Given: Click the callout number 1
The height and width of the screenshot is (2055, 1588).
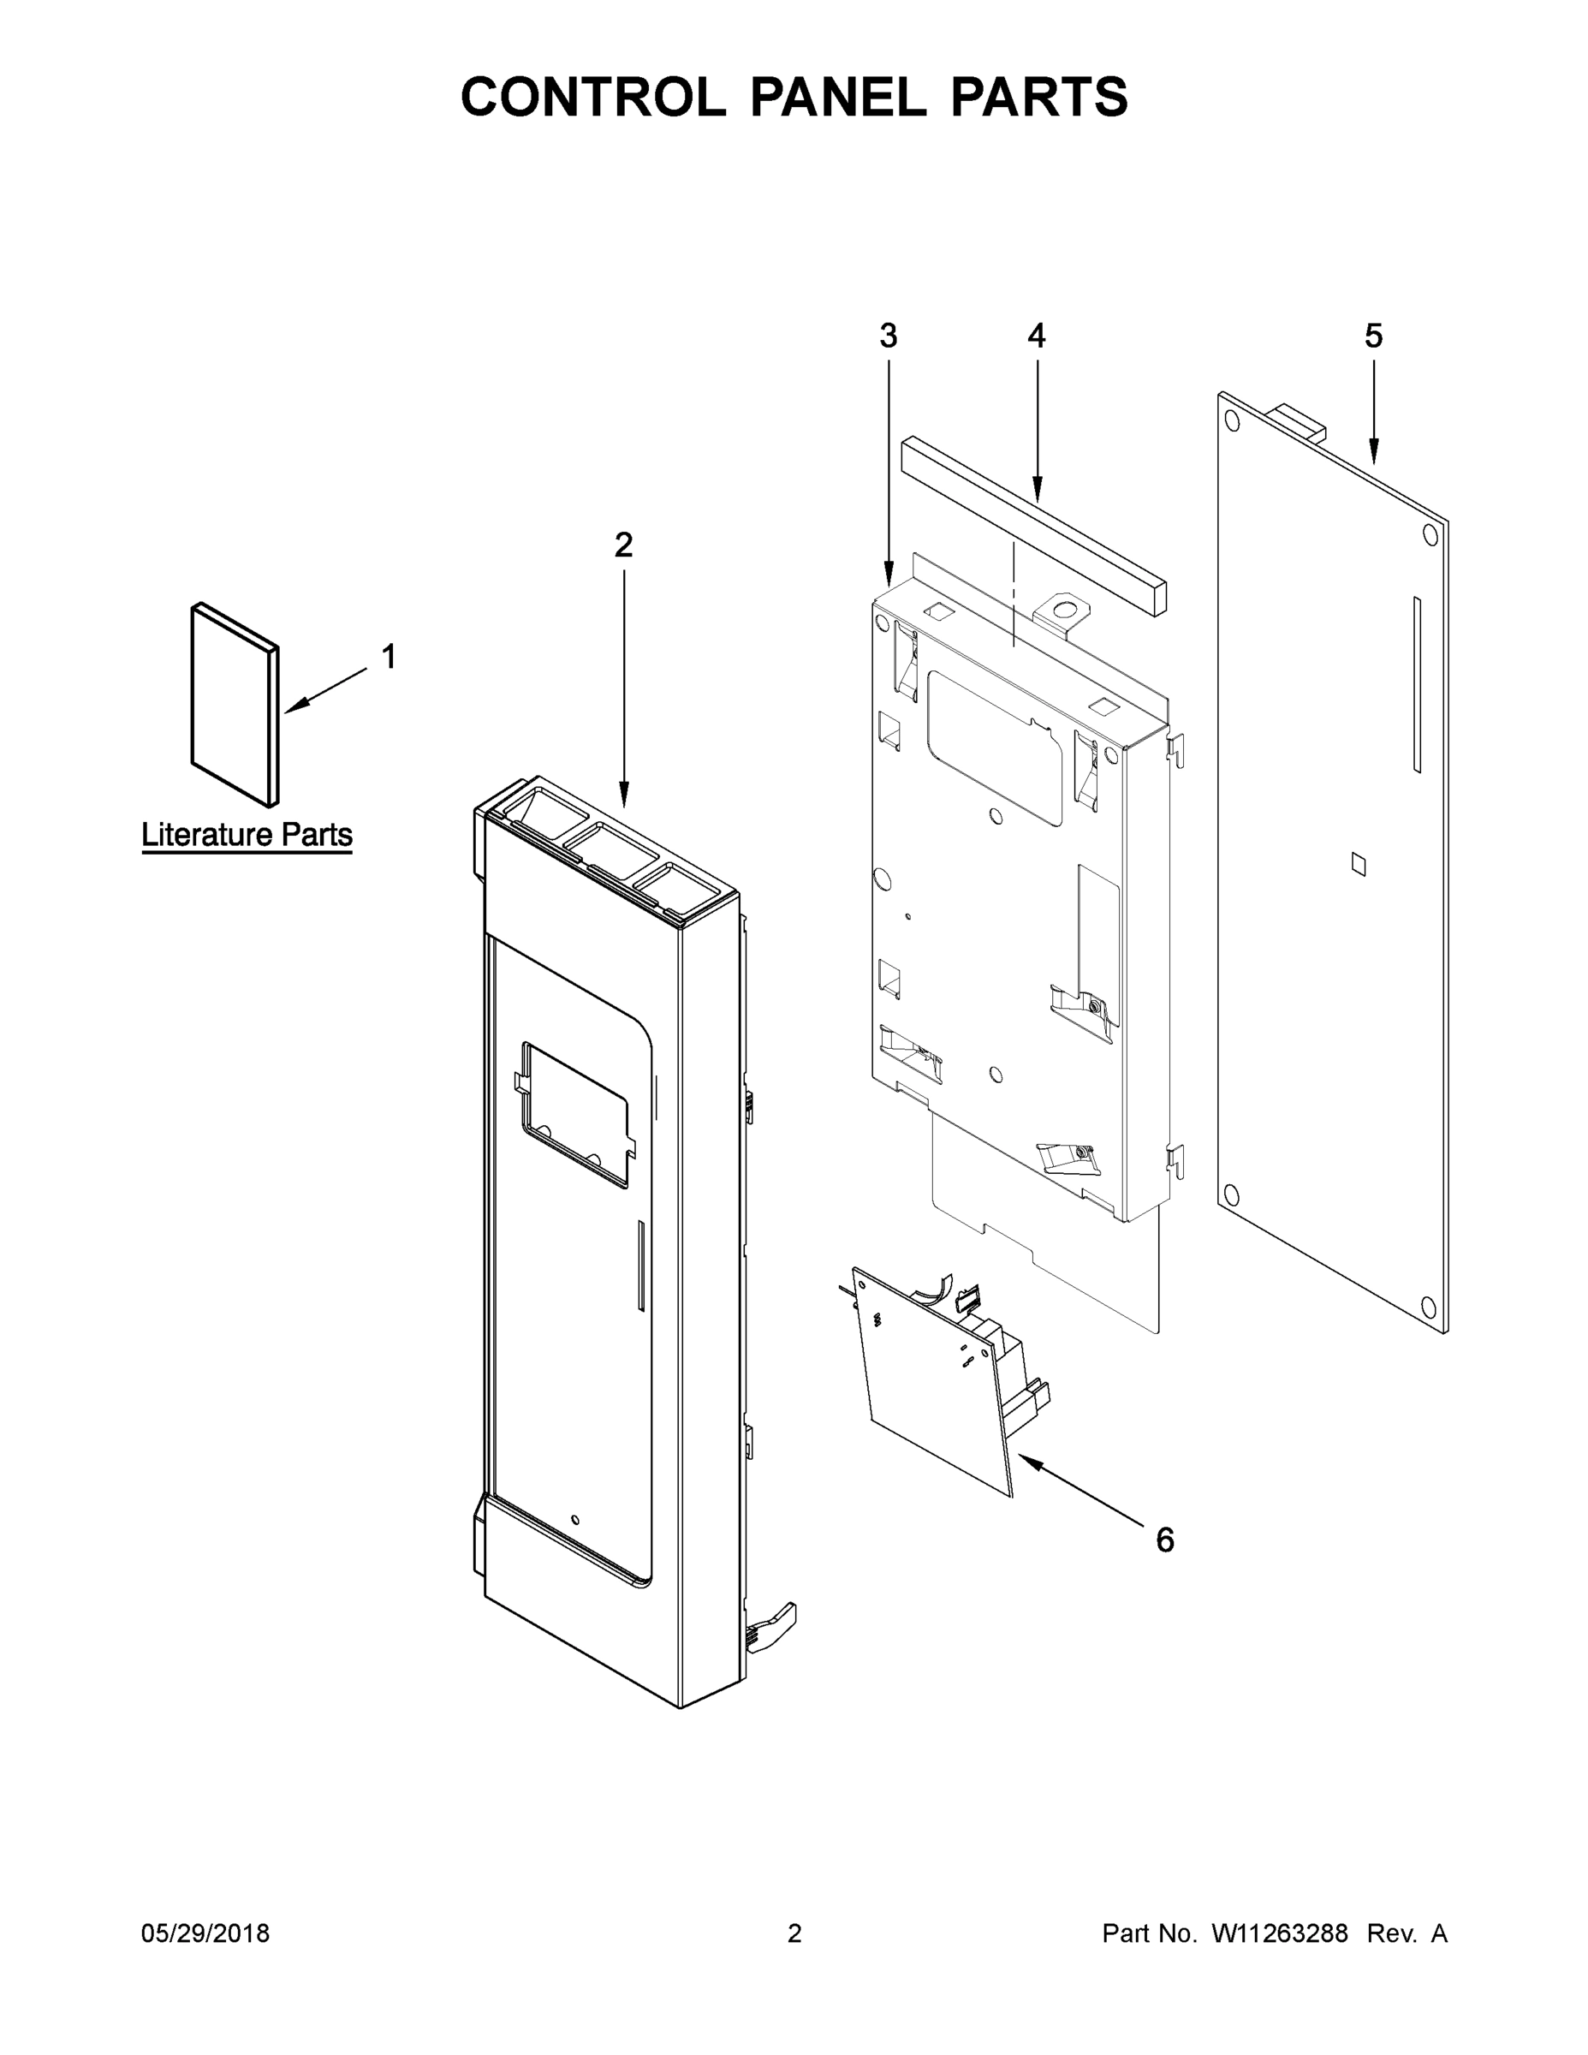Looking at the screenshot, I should click(x=389, y=657).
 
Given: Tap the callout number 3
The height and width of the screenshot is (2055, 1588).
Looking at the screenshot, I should click(x=888, y=335).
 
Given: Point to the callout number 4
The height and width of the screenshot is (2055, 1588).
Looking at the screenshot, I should click(x=1036, y=335).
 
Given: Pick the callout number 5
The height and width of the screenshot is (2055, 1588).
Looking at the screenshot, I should click(x=1373, y=335).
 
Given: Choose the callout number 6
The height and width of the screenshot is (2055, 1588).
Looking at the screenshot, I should click(x=1164, y=1540).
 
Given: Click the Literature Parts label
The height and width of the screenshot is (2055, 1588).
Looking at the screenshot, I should click(x=247, y=835).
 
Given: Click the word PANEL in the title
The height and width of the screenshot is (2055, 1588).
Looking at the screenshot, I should click(x=837, y=97).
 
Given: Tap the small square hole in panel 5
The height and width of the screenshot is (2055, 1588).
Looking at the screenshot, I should click(x=1358, y=864).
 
